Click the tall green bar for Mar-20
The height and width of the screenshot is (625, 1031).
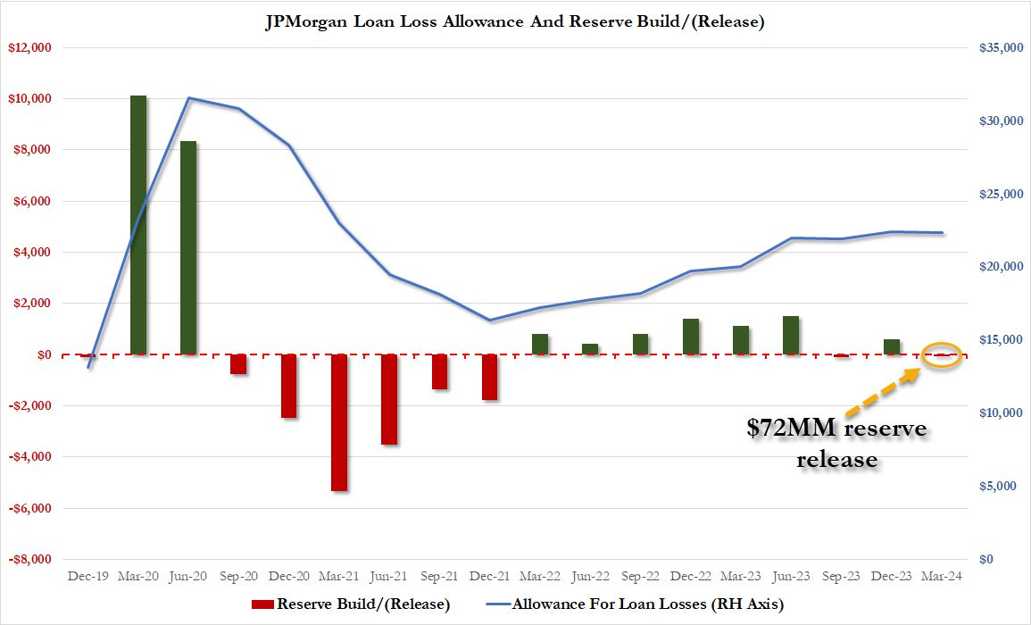point(138,223)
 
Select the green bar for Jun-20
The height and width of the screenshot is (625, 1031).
point(188,247)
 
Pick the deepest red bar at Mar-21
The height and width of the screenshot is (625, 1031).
point(339,421)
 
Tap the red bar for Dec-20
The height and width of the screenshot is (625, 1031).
point(288,386)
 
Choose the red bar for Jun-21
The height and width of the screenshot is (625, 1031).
point(389,399)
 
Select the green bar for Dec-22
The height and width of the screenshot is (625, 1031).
point(690,337)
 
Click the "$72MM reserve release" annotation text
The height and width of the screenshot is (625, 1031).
point(836,444)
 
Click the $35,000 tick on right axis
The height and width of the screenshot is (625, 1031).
point(999,47)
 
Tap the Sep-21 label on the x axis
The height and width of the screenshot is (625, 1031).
point(440,578)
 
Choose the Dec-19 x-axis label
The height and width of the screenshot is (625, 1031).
point(88,578)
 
